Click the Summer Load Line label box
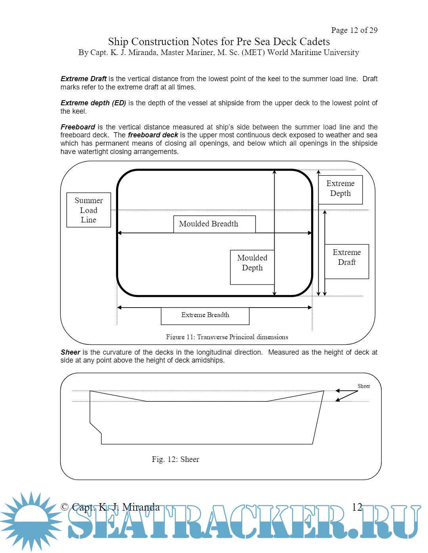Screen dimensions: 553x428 tap(88, 210)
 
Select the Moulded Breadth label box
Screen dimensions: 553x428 tap(214, 224)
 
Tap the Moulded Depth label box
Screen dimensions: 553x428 tap(252, 267)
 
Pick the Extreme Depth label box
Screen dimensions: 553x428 tap(340, 190)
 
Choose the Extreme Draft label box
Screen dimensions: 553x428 tap(347, 261)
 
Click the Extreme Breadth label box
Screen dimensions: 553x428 tap(205, 315)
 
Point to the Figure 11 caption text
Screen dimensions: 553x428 tap(227, 337)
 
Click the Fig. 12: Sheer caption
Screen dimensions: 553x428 tap(175, 459)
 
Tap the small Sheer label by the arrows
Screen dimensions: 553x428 tap(363, 386)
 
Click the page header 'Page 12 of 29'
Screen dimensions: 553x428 tap(354, 30)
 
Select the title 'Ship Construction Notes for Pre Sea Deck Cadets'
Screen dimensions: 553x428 tap(219, 42)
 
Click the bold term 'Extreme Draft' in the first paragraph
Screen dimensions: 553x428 tap(84, 79)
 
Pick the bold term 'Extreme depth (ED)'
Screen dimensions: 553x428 tap(93, 103)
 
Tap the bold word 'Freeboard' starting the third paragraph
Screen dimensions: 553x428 tap(78, 127)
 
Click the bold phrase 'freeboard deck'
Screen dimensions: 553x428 tap(153, 135)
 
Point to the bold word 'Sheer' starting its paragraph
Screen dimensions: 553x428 tap(70, 352)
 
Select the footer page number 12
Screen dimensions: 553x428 tap(357, 507)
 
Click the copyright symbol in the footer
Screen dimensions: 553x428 tap(65, 507)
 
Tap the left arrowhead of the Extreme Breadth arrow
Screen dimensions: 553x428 tap(119, 307)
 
